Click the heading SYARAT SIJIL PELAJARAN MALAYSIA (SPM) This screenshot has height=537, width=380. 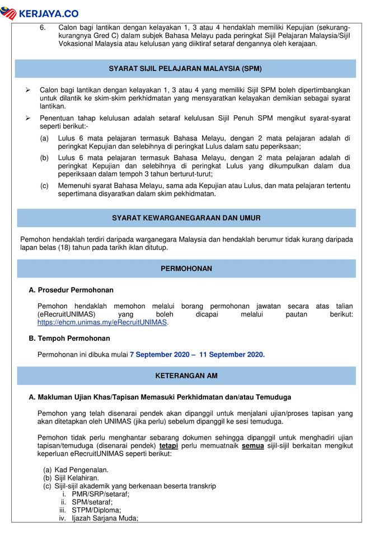[x=186, y=69]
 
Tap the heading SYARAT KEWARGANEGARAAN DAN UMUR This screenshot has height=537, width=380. [x=186, y=218]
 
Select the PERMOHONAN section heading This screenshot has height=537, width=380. [x=186, y=268]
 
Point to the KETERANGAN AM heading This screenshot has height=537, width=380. [x=186, y=375]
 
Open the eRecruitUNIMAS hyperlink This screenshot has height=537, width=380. [x=102, y=323]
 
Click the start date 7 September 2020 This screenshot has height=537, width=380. [x=157, y=354]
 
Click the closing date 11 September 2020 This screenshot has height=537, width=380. [x=231, y=354]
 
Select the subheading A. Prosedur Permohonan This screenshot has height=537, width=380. [x=71, y=290]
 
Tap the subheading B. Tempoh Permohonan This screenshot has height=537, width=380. [x=69, y=338]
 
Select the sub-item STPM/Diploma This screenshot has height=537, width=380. [x=96, y=510]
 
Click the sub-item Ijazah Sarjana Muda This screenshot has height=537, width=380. [x=105, y=519]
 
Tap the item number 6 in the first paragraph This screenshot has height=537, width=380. [x=43, y=27]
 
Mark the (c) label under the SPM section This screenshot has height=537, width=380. [x=44, y=185]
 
